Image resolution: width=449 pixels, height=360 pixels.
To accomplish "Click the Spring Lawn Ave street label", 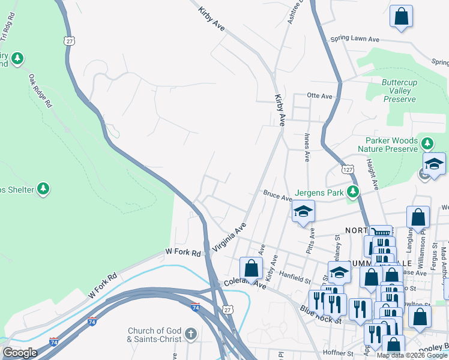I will click(355, 40).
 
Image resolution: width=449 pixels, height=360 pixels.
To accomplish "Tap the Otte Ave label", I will click(319, 96).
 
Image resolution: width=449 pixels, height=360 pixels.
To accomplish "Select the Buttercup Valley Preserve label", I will click(399, 91).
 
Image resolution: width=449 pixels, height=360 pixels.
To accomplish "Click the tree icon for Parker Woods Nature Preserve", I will click(427, 143).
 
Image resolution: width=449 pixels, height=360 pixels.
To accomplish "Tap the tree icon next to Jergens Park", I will click(354, 192).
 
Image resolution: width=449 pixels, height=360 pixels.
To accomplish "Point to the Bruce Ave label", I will click(277, 196).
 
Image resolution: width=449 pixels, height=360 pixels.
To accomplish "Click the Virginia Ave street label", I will click(229, 238).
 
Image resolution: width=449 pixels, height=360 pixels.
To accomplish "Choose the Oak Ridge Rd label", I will click(40, 91).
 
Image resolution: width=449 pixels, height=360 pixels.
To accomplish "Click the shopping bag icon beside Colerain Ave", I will click(252, 268).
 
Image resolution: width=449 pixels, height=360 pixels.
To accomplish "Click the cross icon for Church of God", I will click(191, 334).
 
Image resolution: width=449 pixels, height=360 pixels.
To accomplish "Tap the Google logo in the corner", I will click(20, 353).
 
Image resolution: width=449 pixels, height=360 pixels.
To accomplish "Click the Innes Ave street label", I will click(307, 148).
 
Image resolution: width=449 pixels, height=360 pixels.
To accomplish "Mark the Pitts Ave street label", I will click(310, 240).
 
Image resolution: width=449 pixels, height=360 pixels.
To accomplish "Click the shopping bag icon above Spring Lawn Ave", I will click(401, 16).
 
